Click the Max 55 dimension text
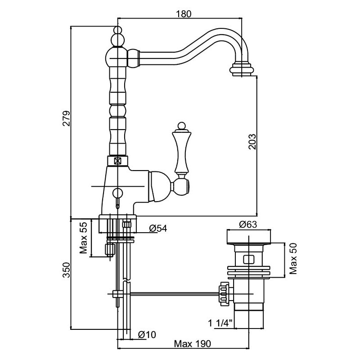click(83, 238)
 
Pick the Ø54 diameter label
click(158, 229)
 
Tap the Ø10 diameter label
click(147, 334)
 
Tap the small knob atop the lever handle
click(181, 125)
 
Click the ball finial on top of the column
click(117, 31)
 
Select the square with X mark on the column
click(118, 160)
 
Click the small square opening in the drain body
click(247, 260)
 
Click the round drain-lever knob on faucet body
click(118, 194)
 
